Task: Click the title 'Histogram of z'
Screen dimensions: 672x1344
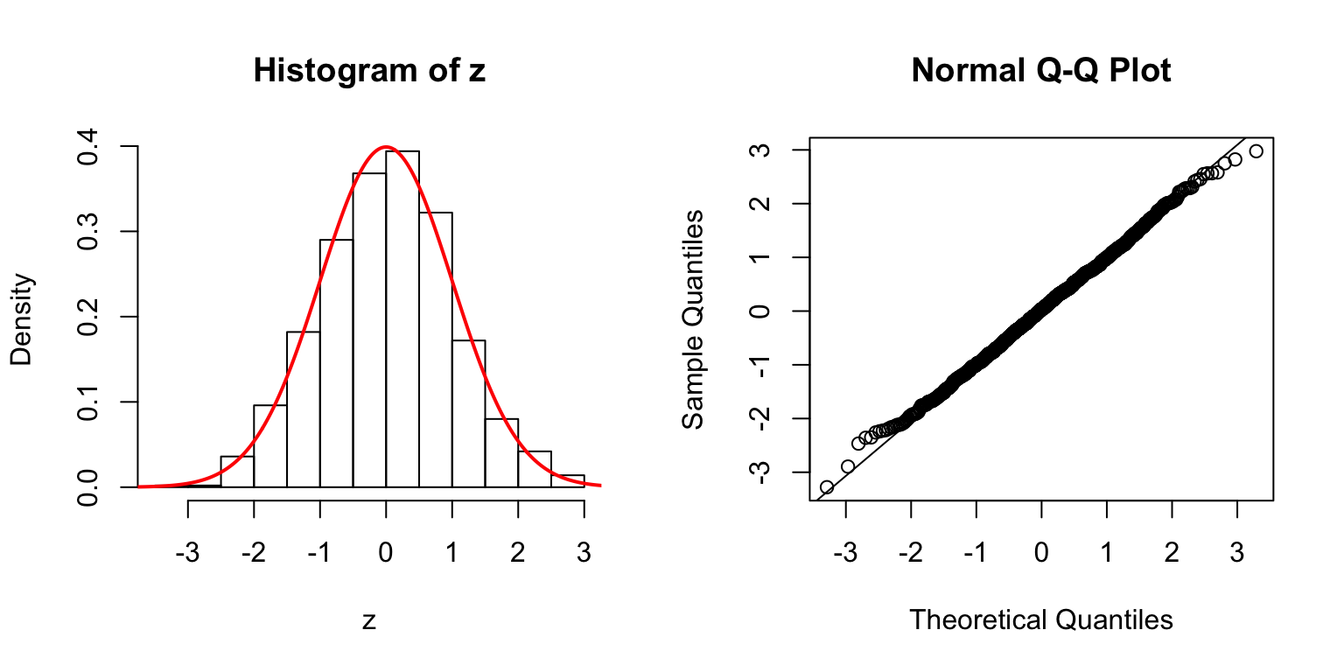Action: [369, 71]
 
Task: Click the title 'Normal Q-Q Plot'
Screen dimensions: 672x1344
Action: [1040, 71]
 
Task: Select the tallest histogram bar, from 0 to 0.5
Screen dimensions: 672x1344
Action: [402, 319]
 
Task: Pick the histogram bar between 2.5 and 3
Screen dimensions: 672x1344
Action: [568, 481]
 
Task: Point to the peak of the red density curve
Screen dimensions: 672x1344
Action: [386, 147]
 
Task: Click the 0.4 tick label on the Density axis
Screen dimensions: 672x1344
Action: [88, 147]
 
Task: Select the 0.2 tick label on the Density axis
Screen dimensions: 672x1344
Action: [88, 317]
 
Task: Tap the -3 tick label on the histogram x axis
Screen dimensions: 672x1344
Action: [187, 533]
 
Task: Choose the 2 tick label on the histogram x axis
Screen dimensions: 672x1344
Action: [518, 533]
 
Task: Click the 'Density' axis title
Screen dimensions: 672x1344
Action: [21, 318]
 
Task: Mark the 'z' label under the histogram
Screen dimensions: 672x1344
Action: [369, 621]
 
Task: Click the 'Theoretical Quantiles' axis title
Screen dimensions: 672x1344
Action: [1040, 620]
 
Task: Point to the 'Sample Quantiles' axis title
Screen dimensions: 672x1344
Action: [693, 318]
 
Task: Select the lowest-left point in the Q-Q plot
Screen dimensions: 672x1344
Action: [826, 486]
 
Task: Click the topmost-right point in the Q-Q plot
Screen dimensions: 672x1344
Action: [1256, 151]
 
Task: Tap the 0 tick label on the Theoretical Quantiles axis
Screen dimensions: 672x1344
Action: [1041, 533]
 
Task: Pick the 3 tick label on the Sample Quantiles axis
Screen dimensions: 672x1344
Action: [760, 150]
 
